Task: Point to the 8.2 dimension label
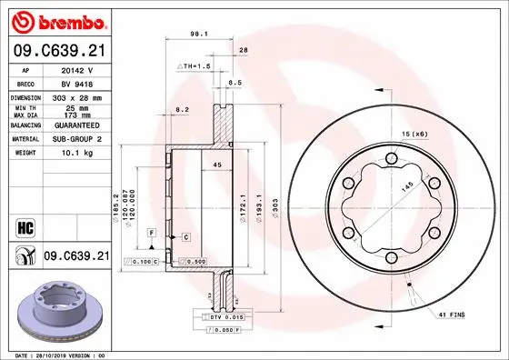click(x=181, y=109)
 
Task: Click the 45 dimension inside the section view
click(x=216, y=165)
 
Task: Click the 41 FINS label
click(x=452, y=314)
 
